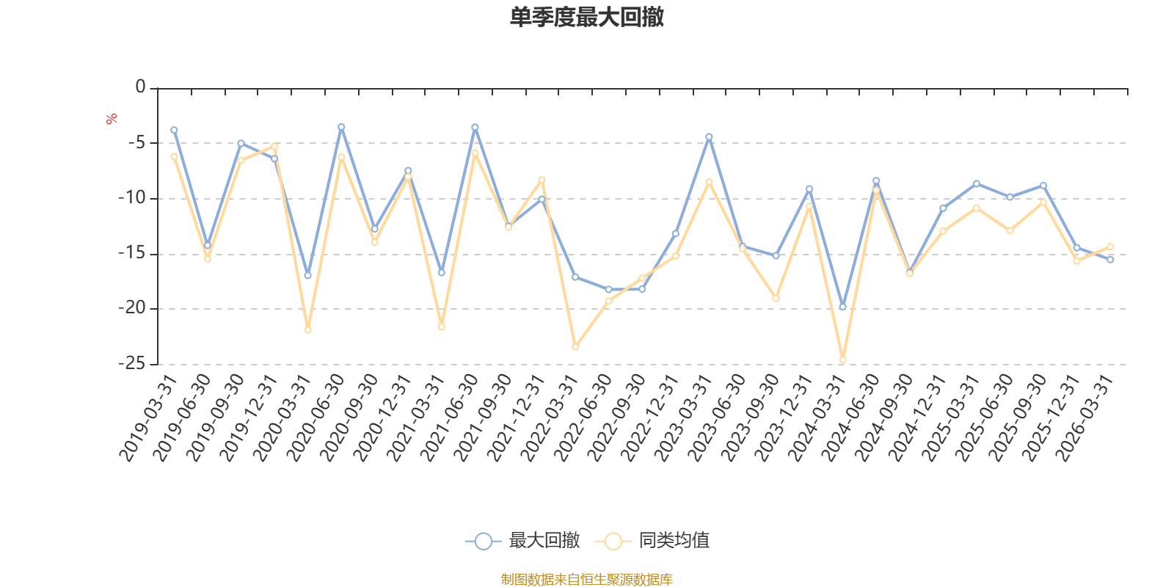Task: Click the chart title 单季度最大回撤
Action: click(587, 17)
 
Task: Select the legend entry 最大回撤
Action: click(522, 540)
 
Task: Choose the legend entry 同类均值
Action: click(652, 540)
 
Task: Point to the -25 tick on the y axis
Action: click(131, 363)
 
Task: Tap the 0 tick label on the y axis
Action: click(140, 87)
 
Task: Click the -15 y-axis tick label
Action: click(131, 253)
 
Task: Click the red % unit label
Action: click(111, 119)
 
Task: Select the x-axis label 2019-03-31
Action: click(147, 418)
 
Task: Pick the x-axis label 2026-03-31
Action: click(1084, 418)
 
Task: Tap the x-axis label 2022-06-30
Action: click(583, 418)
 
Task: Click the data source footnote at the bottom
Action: click(586, 579)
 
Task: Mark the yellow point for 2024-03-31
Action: click(843, 360)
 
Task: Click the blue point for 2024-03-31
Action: click(843, 307)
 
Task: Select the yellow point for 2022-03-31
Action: click(575, 347)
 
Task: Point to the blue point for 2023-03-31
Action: click(709, 136)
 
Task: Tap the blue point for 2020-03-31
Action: click(307, 275)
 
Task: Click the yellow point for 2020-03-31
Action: click(307, 330)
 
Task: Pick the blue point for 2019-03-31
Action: click(174, 130)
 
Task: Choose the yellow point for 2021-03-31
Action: click(441, 327)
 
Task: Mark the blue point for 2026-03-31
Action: click(1110, 260)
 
